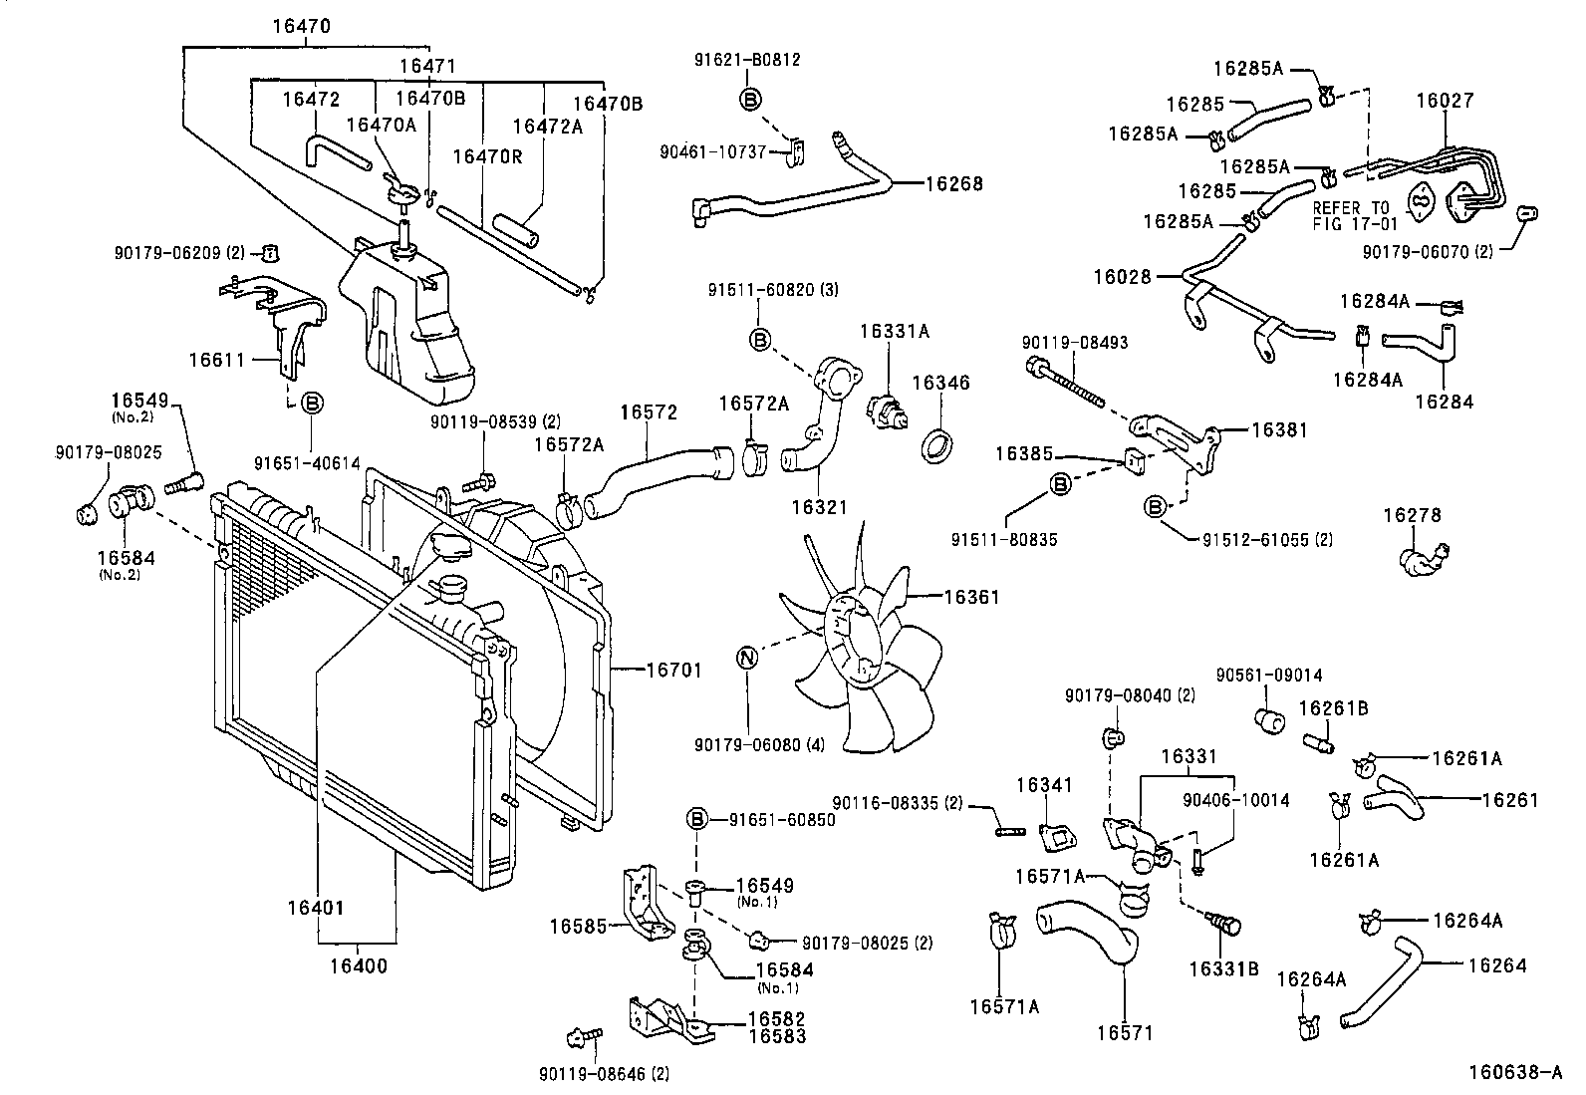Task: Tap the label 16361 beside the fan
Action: click(970, 598)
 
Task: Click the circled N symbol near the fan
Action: click(747, 658)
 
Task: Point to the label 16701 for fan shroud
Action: click(673, 671)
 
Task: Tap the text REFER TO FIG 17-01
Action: click(1355, 215)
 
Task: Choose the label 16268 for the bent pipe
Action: click(953, 183)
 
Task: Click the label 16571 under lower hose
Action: click(1125, 1033)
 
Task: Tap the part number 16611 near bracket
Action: click(218, 359)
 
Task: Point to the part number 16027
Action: click(1445, 101)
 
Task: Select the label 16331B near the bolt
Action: click(1223, 967)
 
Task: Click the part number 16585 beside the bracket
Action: click(578, 926)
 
